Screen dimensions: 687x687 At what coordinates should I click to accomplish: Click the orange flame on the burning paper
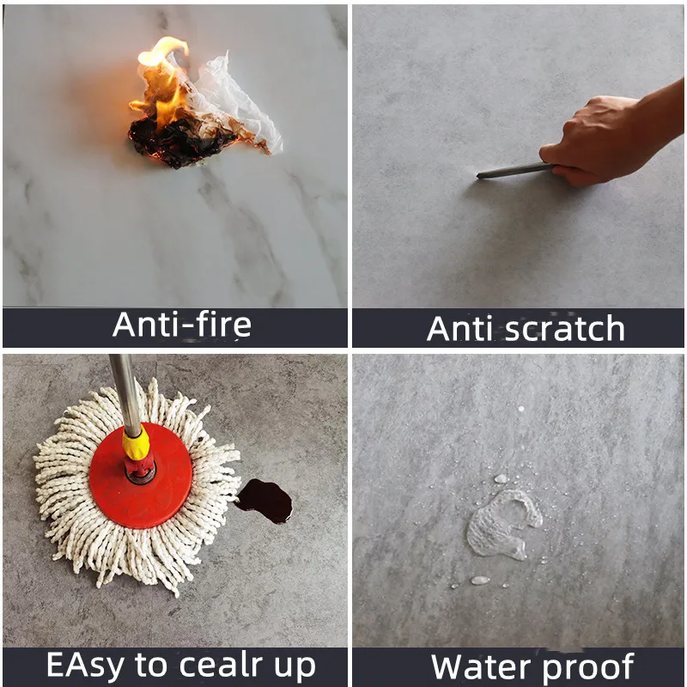coord(163,77)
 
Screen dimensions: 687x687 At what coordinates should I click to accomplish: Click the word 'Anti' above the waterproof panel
coord(462,328)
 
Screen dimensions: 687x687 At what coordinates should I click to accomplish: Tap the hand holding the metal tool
coord(593,142)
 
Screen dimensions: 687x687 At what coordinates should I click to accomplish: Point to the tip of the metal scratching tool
coord(481,176)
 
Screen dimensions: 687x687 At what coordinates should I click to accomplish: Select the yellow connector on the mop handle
coord(135,443)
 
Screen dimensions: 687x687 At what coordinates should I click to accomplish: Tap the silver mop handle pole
coord(124,386)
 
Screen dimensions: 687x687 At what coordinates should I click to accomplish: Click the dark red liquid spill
coord(264,500)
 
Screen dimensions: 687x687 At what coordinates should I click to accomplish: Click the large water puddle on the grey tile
coord(502,524)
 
